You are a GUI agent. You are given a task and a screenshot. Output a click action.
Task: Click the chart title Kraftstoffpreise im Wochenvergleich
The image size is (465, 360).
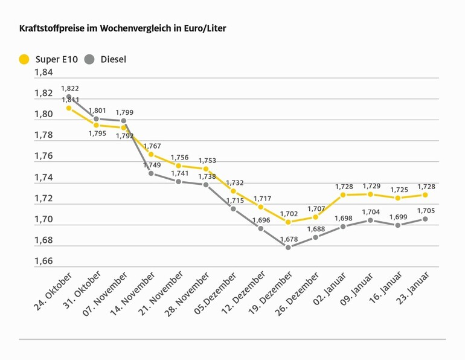coord(123,28)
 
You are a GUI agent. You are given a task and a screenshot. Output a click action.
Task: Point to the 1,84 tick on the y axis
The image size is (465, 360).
coord(43,72)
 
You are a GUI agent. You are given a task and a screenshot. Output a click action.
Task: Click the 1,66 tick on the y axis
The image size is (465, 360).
coord(43,262)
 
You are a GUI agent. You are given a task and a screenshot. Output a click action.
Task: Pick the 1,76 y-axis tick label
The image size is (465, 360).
coord(43,156)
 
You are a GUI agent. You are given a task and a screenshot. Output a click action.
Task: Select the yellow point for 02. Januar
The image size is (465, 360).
coord(343,194)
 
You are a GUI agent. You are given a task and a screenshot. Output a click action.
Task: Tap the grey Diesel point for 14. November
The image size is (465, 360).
coord(151,173)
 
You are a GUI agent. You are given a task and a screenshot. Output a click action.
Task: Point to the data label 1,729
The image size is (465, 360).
coord(371,186)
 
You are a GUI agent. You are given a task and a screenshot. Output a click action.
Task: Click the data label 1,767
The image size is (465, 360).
coord(152,146)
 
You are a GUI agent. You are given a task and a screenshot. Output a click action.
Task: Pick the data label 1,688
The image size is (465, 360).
coord(316,229)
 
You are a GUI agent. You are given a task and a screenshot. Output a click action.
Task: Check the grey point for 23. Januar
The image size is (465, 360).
coord(425,219)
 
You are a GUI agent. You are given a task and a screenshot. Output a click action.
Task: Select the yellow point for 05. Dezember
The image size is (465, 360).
coord(233,191)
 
